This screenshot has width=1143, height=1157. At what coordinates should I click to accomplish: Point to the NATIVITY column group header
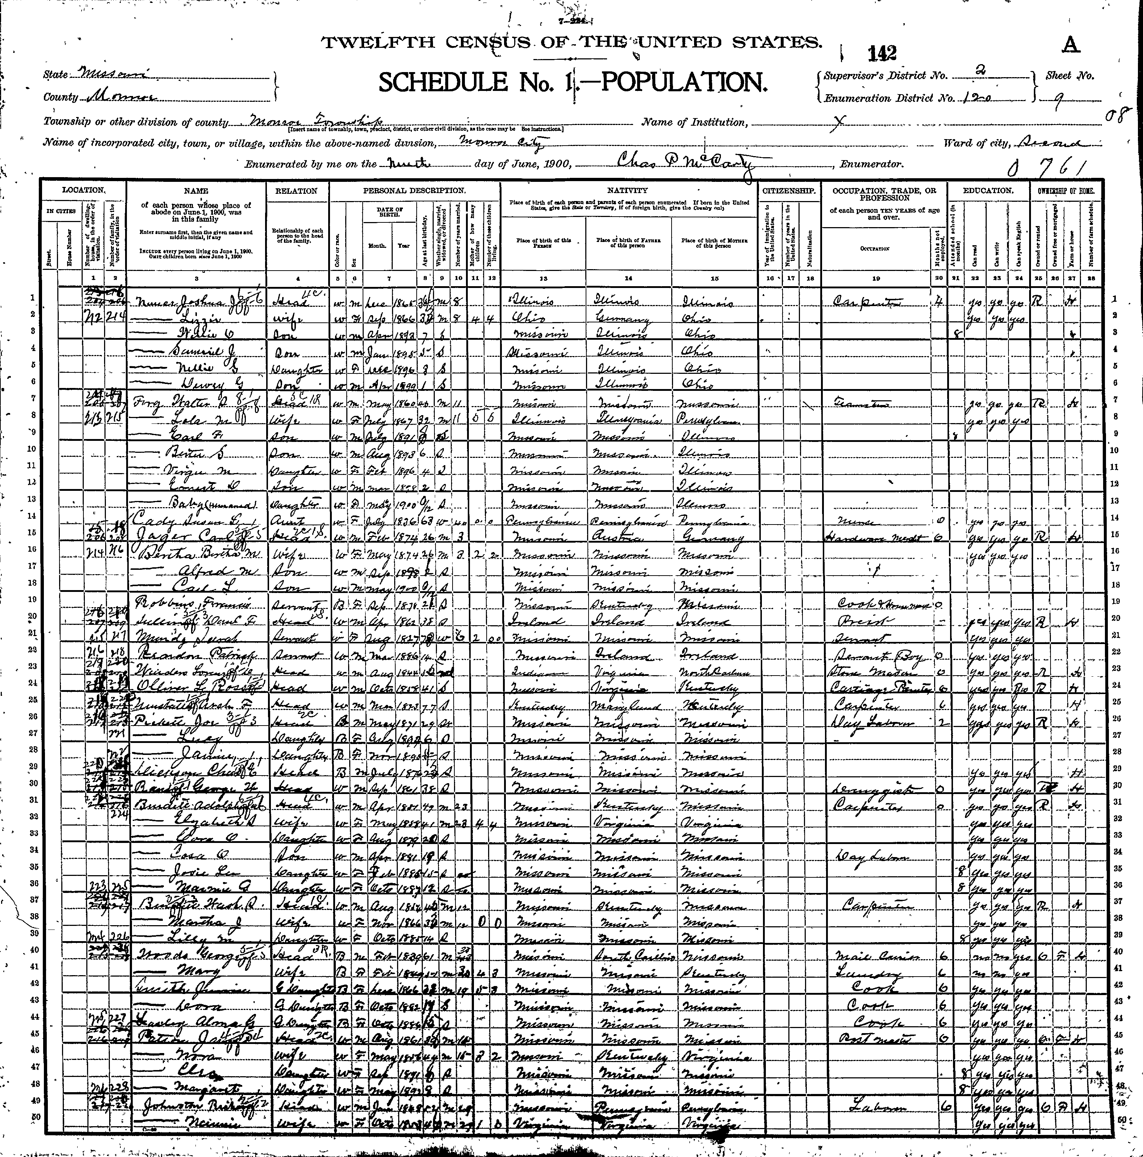point(628,191)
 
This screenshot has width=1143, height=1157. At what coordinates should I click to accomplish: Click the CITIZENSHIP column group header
point(788,191)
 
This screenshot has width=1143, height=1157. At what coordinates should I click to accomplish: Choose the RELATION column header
point(296,191)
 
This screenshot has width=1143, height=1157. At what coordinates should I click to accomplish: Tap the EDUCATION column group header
point(988,191)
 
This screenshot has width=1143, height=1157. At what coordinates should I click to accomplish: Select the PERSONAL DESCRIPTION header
point(413,191)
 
